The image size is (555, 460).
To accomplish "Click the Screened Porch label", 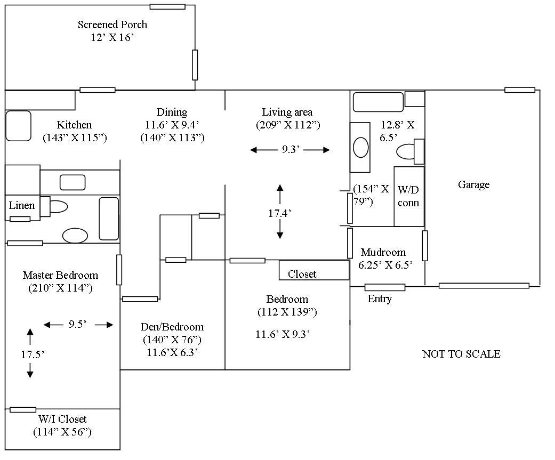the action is [112, 25].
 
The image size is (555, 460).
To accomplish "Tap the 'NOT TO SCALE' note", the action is [461, 354].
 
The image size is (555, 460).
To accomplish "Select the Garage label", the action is [473, 184].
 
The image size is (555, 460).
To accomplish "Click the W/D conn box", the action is [409, 196].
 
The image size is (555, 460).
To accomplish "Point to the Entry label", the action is [380, 298].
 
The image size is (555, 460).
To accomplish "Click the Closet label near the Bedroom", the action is [302, 274].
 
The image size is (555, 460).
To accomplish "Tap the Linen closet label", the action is [21, 205].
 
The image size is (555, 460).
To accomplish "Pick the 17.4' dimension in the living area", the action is [279, 213].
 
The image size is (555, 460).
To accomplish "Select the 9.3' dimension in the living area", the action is [291, 149].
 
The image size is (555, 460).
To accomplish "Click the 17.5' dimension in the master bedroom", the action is [32, 354].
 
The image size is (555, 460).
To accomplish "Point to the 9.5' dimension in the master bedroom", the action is [77, 324].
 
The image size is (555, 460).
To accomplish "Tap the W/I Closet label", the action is [62, 419].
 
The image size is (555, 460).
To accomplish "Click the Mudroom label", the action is [383, 252].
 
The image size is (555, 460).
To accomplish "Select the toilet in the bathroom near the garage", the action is [410, 151].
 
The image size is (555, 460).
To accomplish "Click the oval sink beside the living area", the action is [361, 147].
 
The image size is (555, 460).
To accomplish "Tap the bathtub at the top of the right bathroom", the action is [378, 102].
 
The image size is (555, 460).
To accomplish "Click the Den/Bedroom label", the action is [172, 327].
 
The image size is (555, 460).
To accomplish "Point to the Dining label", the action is [172, 112].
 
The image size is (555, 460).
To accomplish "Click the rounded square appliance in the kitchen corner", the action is [19, 126].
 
